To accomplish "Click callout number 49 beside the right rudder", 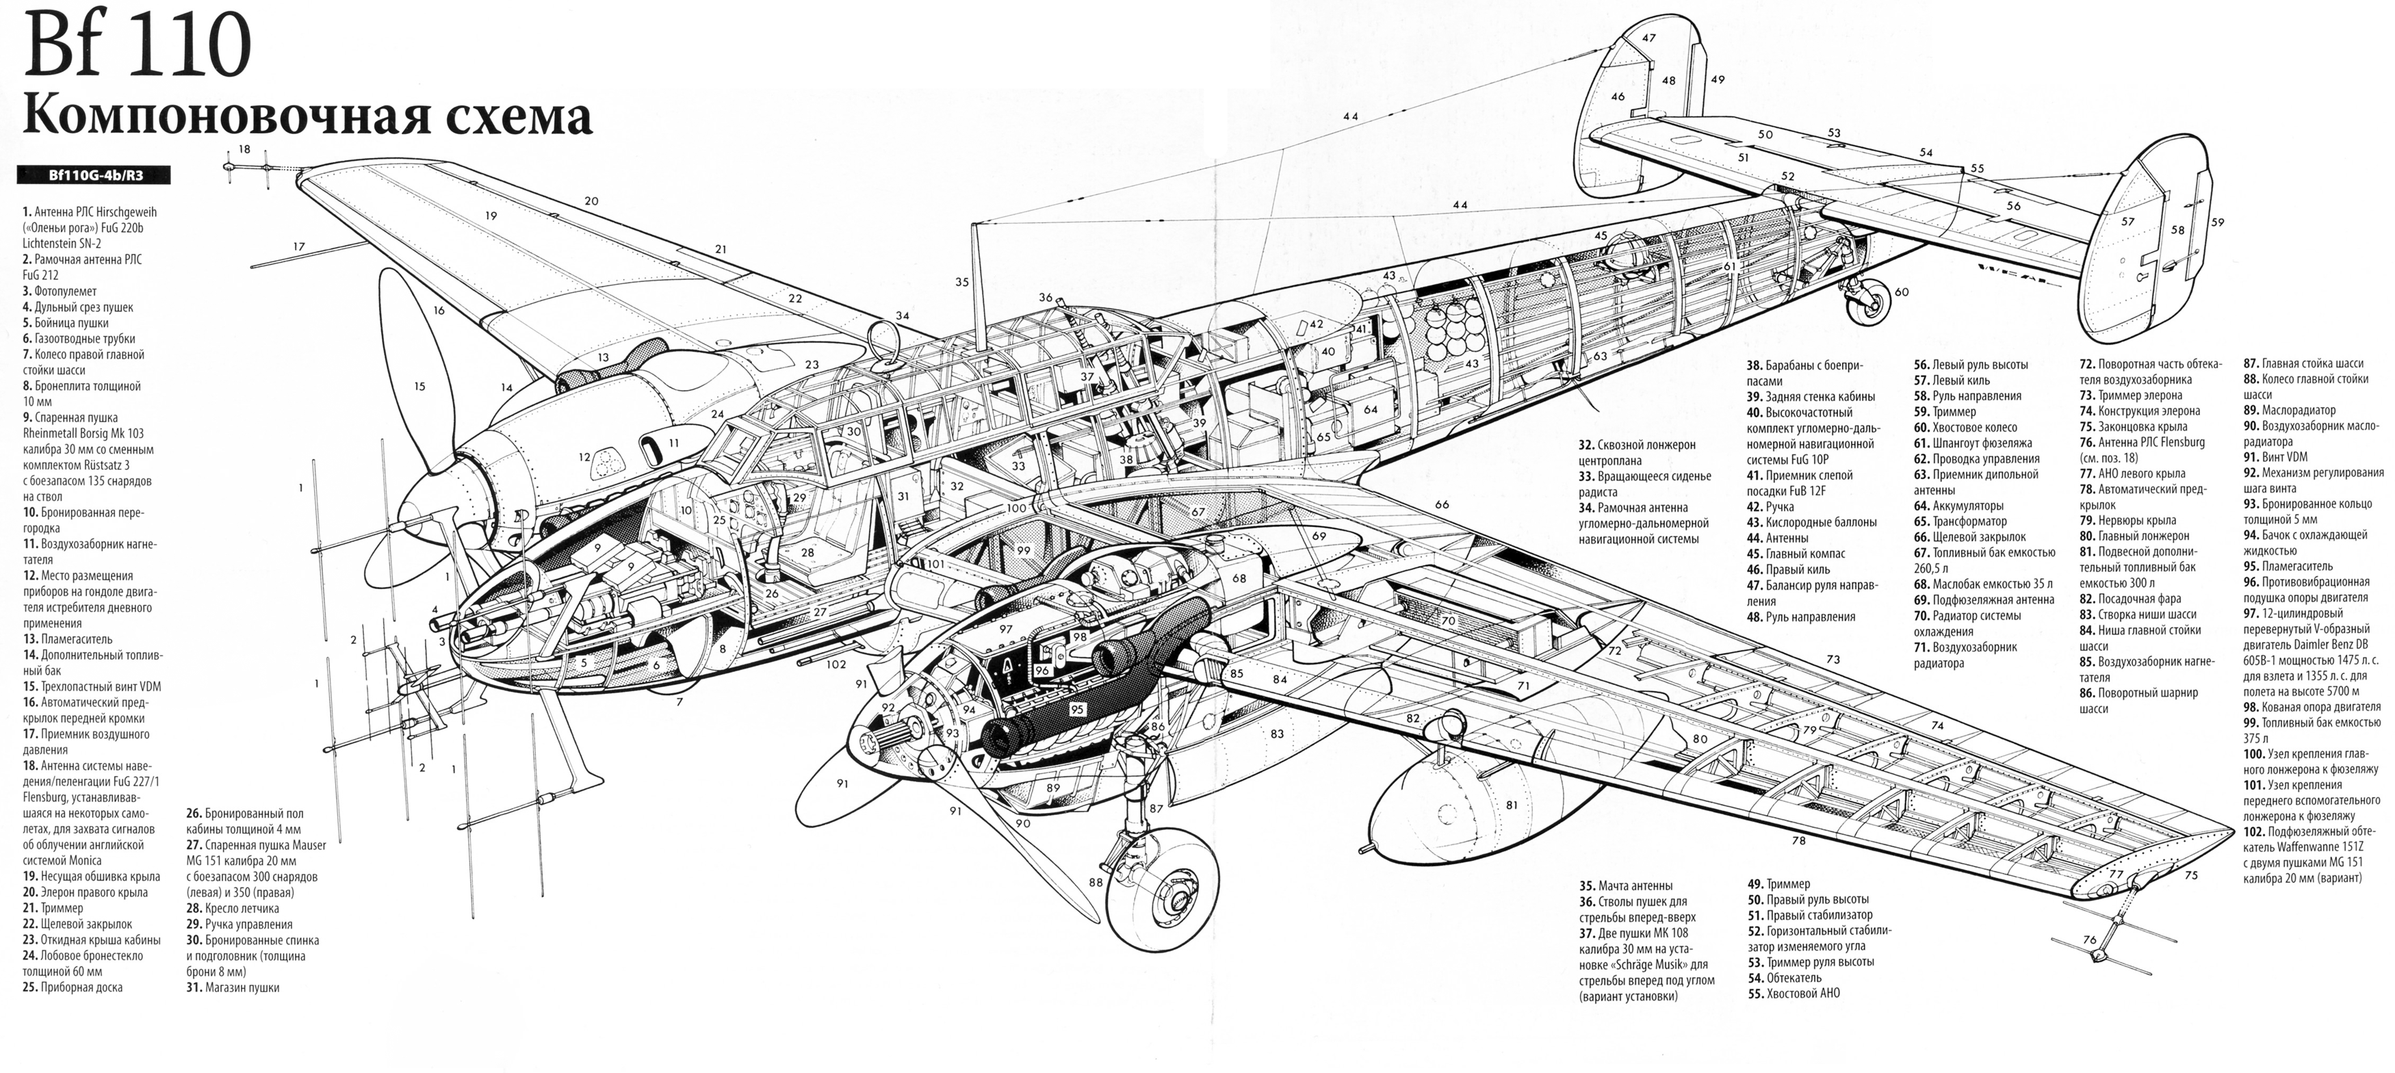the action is (x=1718, y=80).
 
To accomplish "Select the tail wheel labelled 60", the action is (x=1867, y=300).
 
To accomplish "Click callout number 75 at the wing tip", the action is (x=2190, y=875).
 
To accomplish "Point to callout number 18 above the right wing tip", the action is (x=244, y=148).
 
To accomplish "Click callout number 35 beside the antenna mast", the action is (x=961, y=282).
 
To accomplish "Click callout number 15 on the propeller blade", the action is (x=419, y=387).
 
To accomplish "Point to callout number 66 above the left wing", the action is (x=1442, y=505).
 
